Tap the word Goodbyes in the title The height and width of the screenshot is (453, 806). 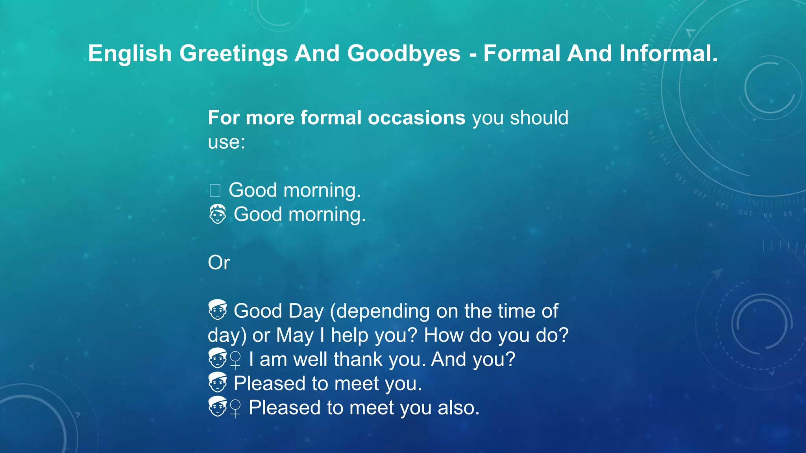tap(404, 53)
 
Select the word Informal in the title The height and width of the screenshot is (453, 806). tap(668, 53)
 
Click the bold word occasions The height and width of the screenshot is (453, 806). tap(416, 118)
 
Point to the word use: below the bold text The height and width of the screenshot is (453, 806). tap(226, 142)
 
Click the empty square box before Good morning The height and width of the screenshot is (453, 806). tap(215, 191)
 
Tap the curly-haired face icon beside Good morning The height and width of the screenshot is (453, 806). tap(217, 214)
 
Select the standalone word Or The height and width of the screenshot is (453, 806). tap(219, 263)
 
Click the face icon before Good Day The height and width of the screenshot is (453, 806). tap(217, 310)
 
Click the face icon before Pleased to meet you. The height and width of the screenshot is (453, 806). tap(217, 383)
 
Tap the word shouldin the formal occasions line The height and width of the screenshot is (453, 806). tap(539, 118)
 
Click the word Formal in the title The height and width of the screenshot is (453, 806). tap(521, 53)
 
